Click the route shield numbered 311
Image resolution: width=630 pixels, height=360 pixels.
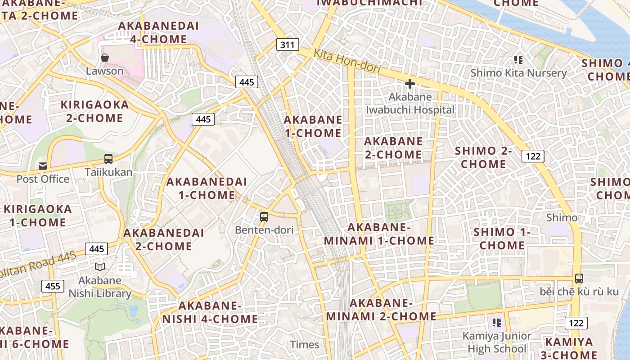tap(287, 45)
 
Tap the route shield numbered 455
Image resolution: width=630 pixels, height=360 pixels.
tap(53, 286)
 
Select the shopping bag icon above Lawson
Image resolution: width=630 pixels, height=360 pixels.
tap(105, 58)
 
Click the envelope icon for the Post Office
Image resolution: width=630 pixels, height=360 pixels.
tap(43, 166)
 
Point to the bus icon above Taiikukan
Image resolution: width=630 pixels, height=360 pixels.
tap(108, 158)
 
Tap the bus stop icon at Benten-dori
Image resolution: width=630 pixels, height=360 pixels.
tap(264, 217)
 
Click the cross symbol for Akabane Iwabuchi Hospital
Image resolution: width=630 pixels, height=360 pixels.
tap(409, 84)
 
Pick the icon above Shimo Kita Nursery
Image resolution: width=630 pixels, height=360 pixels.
tap(518, 59)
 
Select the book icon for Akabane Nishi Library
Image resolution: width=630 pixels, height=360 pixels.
tap(99, 267)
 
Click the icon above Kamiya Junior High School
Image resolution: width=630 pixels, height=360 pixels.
tap(496, 322)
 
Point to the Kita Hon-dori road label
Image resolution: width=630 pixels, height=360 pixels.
tap(347, 61)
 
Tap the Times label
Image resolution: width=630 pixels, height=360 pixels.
tap(305, 345)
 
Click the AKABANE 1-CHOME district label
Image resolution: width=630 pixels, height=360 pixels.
tap(313, 126)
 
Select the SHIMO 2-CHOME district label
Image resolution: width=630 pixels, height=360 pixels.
tap(483, 157)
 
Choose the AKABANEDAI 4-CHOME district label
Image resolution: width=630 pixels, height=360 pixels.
tap(158, 32)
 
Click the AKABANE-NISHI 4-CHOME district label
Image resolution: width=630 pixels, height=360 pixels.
tap(210, 312)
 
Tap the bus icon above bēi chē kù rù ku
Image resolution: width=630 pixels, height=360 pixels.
tap(579, 278)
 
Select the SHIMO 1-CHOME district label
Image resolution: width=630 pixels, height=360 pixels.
tap(502, 238)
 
